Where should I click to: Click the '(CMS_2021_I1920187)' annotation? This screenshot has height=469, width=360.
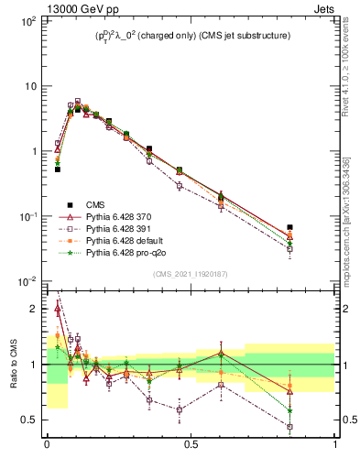[191, 274]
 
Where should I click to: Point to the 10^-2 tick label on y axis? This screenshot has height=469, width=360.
[27, 281]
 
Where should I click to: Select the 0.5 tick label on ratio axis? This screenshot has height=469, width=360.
[31, 420]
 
